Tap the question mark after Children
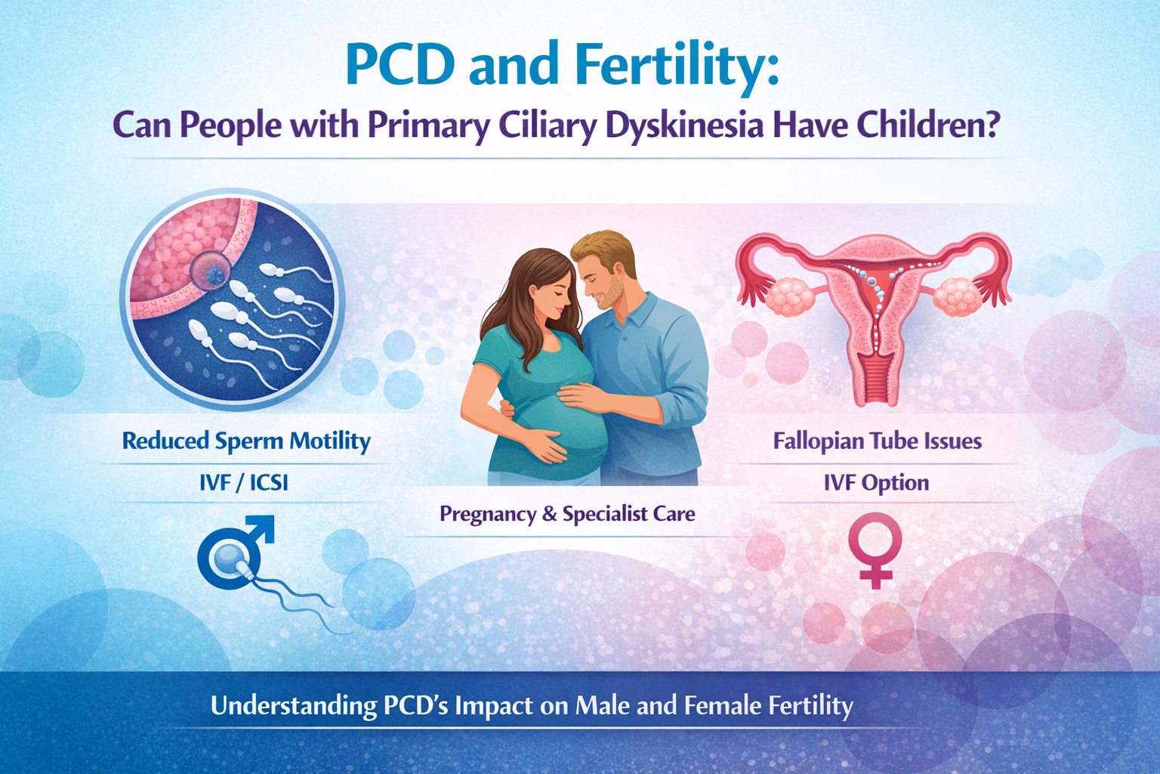pos(989,125)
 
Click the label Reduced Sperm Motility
pos(246,441)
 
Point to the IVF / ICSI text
pos(244,483)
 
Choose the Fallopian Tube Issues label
pos(878,441)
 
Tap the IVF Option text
pos(876,483)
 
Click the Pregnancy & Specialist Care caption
pos(567,514)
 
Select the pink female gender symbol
pos(875,550)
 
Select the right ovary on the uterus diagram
pos(958,296)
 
